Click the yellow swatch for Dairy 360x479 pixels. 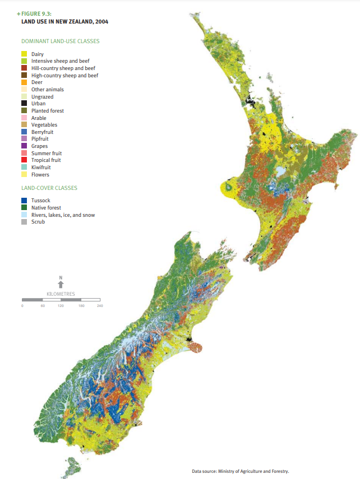coord(24,54)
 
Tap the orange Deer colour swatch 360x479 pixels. coord(24,82)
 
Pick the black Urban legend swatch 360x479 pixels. coord(24,104)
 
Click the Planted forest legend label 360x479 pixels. coord(48,111)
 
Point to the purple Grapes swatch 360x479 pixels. coord(24,146)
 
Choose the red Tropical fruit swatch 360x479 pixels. coord(24,160)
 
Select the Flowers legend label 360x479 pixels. coord(40,175)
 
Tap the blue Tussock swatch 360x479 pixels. coord(24,201)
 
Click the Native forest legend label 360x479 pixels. coord(47,208)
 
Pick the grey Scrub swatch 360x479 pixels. coord(24,222)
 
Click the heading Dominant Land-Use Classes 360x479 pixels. coord(61,41)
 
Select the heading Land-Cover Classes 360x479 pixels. coord(49,188)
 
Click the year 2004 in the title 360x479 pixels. coord(101,22)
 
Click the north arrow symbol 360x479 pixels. coord(61,283)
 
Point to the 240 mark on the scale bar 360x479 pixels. coord(99,306)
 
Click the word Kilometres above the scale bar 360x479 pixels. coord(61,294)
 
